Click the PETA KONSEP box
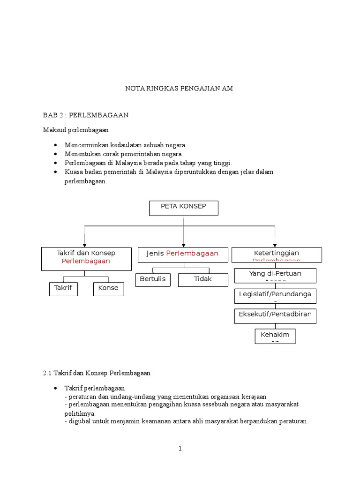tap(184, 208)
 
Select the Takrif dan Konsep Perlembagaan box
tap(86, 259)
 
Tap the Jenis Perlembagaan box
tap(182, 254)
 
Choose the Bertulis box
tap(153, 279)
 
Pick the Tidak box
tap(203, 279)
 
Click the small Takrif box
tap(64, 289)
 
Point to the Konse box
tap(109, 289)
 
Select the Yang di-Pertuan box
tap(275, 275)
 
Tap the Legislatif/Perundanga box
tap(275, 296)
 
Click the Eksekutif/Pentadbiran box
tap(275, 315)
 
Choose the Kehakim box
tap(275, 336)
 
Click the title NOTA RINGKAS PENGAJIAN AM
tap(178, 88)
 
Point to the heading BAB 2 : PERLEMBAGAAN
tap(86, 115)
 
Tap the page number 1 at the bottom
tap(180, 449)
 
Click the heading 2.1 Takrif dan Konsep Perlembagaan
tap(96, 373)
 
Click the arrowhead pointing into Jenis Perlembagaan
tap(183, 244)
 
